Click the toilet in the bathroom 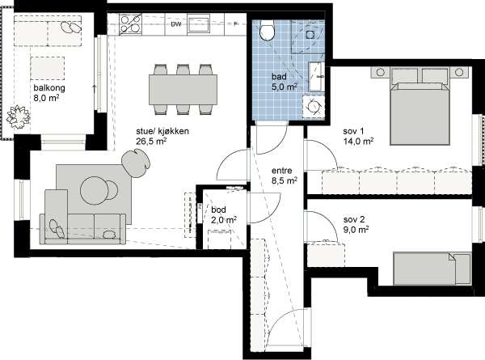coord(267,30)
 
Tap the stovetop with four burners coord(130,24)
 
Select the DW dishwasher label coord(176,24)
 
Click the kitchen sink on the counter coord(198,23)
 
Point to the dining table coord(183,90)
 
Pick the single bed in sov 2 coord(432,269)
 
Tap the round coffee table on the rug coord(95,190)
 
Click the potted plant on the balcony coord(19,116)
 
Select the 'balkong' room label coord(49,88)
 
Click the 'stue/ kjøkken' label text coord(162,131)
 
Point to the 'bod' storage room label coord(218,210)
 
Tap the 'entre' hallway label coord(282,171)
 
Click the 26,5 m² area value coord(152,142)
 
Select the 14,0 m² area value coord(358,141)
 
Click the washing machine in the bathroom coord(314,106)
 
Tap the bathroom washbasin coord(316,76)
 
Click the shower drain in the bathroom coord(310,34)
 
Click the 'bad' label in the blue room coord(279,77)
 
